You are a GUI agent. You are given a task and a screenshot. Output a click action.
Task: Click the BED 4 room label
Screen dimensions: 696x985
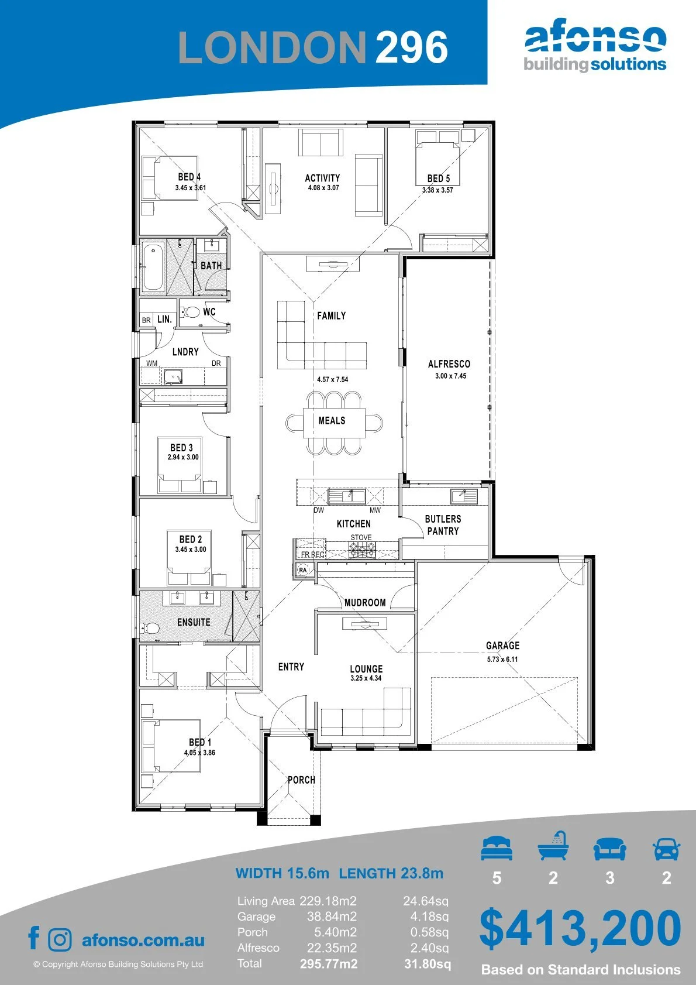(x=189, y=177)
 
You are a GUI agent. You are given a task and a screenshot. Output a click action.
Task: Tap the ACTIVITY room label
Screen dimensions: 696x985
(x=322, y=178)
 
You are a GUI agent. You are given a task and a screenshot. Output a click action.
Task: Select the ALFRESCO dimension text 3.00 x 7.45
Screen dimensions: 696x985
(x=450, y=376)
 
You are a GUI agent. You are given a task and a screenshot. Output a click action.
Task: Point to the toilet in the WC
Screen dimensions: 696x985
(x=191, y=312)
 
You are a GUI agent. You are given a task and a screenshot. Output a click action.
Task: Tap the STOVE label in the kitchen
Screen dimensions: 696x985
(x=361, y=537)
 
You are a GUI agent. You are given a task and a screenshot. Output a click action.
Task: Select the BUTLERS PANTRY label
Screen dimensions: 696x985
(x=443, y=525)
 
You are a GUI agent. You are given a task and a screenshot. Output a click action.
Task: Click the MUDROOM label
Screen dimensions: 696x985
(x=365, y=603)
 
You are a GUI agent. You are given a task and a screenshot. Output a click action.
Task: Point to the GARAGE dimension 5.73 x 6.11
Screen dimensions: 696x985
(x=502, y=659)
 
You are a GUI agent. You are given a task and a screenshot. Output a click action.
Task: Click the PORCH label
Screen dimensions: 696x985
(x=301, y=780)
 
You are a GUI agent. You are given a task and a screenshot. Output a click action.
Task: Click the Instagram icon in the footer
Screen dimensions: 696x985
(x=59, y=940)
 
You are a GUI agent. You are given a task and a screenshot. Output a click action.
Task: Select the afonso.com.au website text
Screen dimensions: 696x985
(x=143, y=940)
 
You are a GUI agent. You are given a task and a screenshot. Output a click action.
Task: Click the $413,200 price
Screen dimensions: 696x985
(x=580, y=928)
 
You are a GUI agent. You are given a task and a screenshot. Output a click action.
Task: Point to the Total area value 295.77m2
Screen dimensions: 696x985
(x=329, y=964)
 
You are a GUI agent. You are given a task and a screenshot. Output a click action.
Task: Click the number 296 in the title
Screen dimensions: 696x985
(x=412, y=47)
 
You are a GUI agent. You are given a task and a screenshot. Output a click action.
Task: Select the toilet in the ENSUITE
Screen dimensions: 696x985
(x=149, y=628)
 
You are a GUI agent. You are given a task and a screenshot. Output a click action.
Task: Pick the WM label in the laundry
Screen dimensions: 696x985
(x=151, y=363)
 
